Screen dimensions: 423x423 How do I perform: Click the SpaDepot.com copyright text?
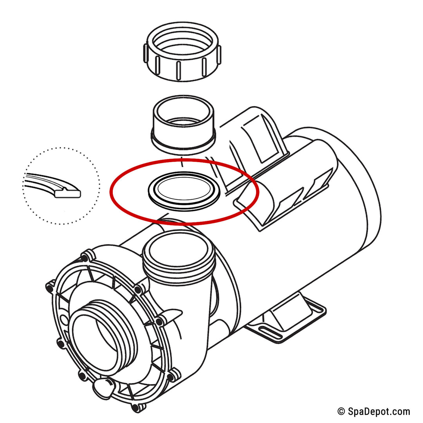(x=374, y=411)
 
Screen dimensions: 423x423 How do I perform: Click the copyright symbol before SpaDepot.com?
(x=341, y=411)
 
